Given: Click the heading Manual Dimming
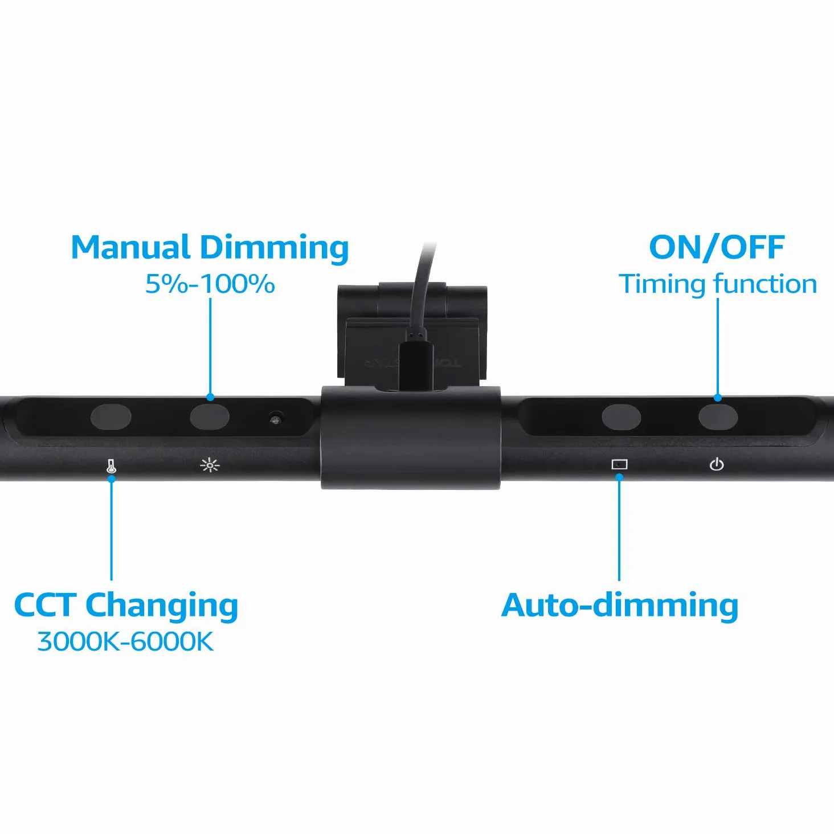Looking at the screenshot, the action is coord(210,248).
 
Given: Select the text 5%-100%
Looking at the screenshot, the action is coord(210,284).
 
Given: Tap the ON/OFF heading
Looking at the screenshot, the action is coord(717,247).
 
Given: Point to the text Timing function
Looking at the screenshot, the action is coord(718,284).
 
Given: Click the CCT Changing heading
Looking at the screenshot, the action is coord(126,606).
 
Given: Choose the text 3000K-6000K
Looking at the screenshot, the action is coord(125,641).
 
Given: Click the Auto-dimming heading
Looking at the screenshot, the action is coord(620,605).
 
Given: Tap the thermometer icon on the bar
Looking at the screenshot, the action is coord(111,466).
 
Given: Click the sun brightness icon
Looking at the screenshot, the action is coord(210,465).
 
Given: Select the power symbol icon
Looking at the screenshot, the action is coord(717,464).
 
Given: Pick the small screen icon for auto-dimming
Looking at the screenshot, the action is coord(619,464).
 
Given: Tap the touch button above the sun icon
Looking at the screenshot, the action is coord(210,417).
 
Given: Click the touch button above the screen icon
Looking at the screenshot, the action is coord(621,417).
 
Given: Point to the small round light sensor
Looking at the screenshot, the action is coord(274,419).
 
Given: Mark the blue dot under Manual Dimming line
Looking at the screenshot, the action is coord(210,397).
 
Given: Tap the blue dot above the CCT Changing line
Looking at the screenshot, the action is coord(111,479).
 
